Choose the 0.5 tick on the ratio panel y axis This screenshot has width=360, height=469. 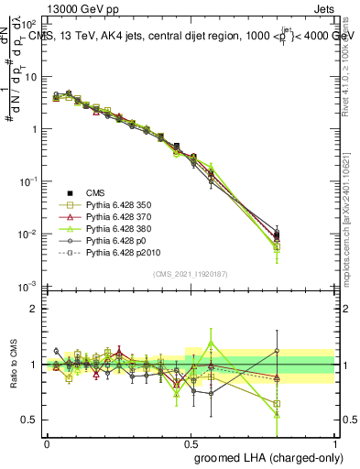point(29,420)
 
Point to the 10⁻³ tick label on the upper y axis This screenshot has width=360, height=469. point(28,288)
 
